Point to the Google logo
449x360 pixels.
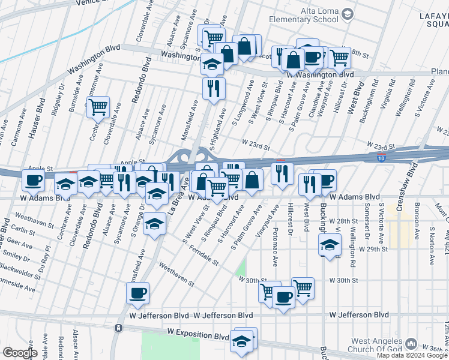click(19, 353)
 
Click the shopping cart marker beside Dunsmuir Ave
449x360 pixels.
click(98, 108)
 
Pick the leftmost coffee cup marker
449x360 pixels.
click(34, 179)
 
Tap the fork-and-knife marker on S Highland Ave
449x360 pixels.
click(214, 88)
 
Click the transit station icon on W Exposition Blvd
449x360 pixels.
click(119, 328)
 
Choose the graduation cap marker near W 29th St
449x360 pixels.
click(328, 245)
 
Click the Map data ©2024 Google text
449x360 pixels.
click(412, 355)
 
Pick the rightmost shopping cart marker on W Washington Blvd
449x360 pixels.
click(339, 57)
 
